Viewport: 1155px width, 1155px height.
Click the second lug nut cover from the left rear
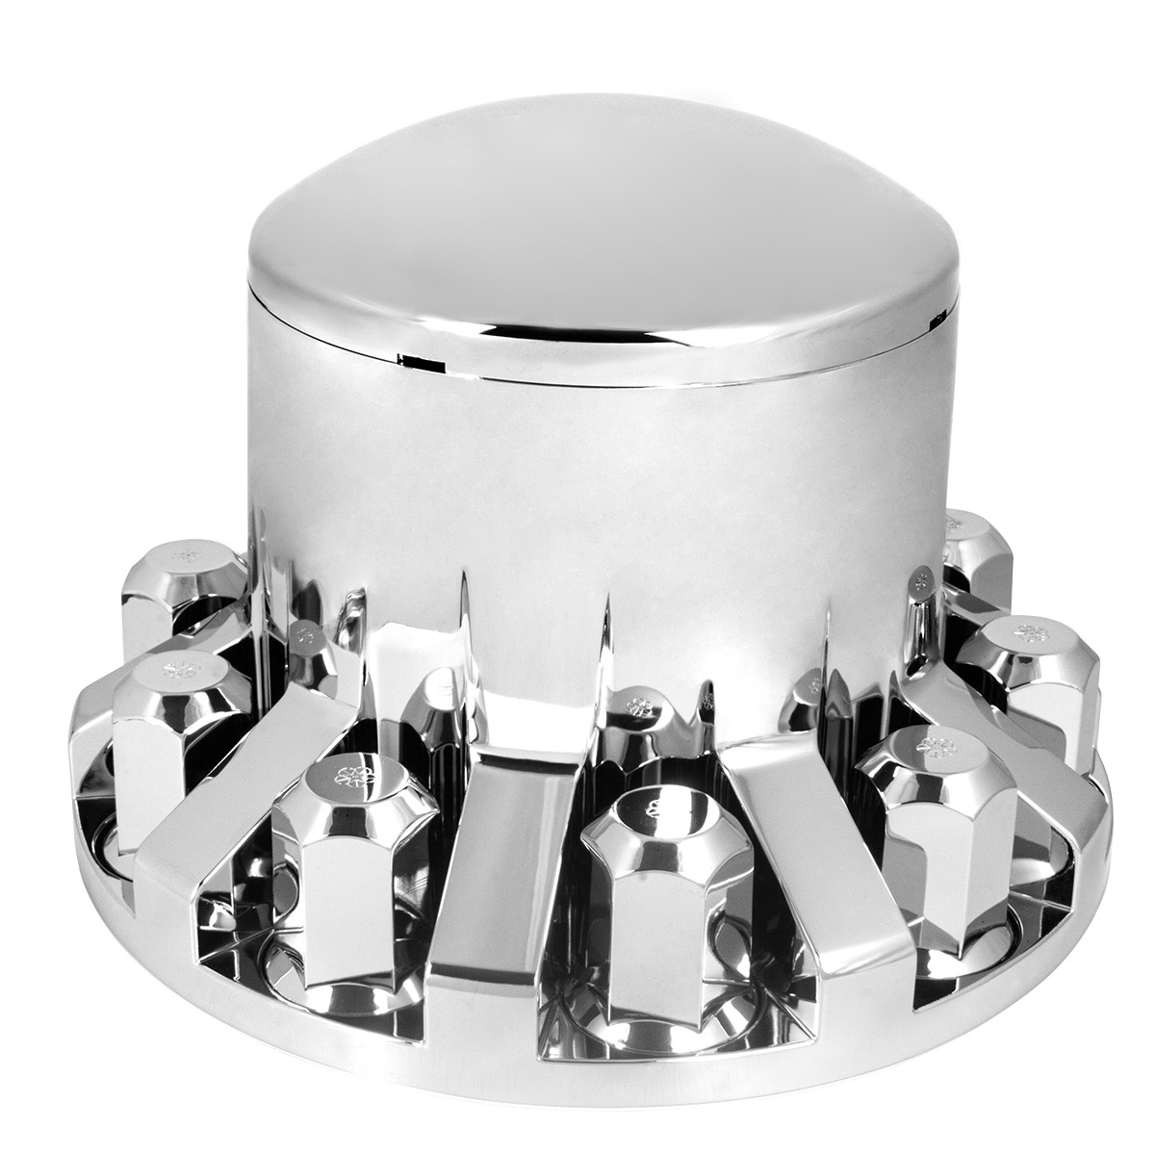click(x=168, y=722)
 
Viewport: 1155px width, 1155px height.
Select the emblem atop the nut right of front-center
click(x=933, y=743)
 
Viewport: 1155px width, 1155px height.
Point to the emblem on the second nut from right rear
click(x=1035, y=632)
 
